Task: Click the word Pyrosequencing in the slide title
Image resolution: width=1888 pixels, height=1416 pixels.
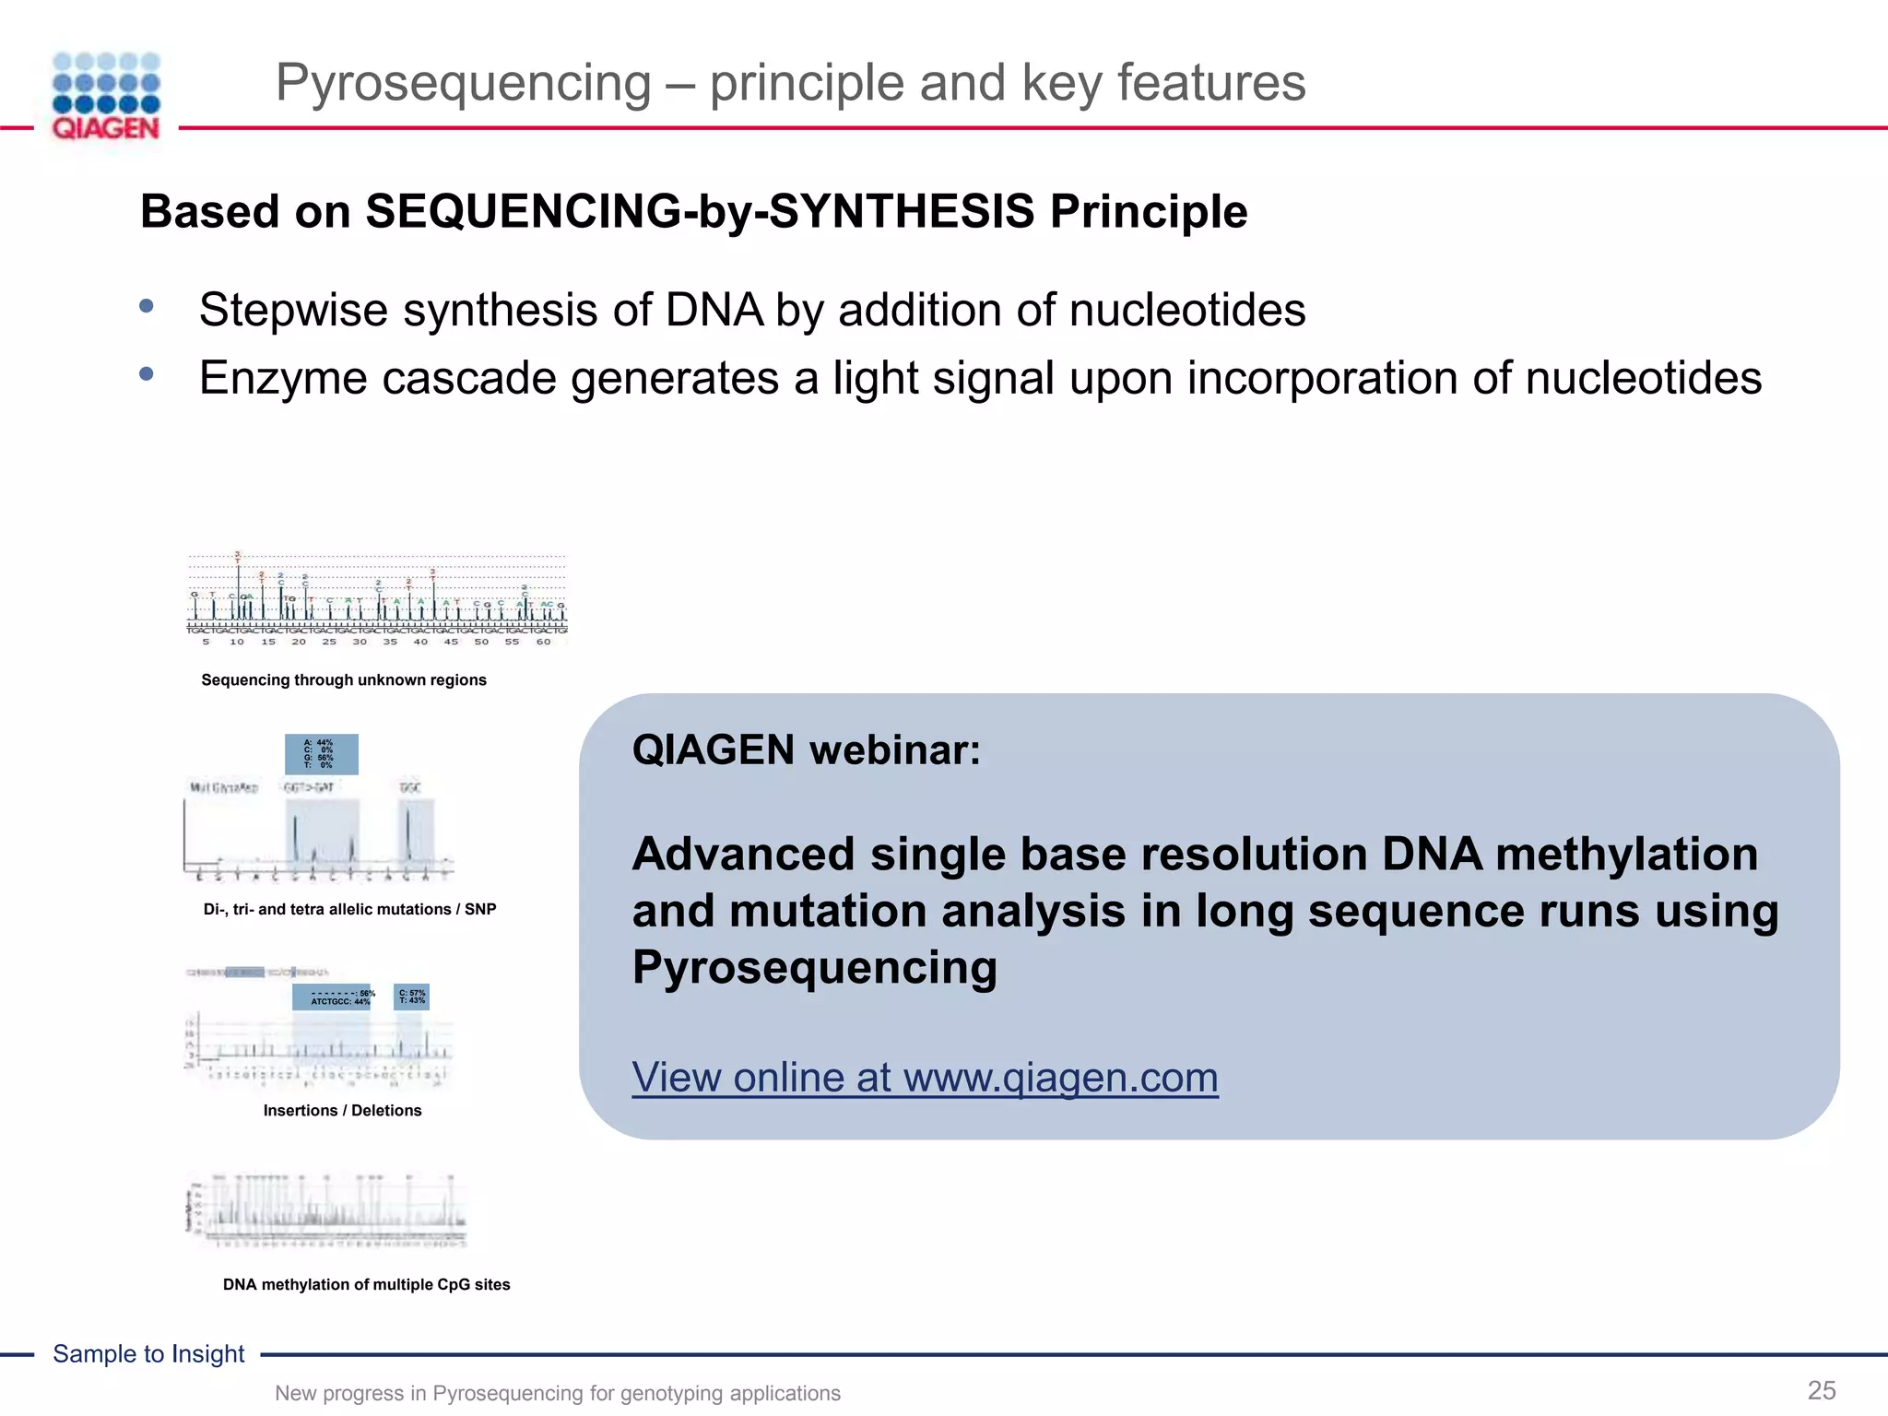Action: (x=464, y=83)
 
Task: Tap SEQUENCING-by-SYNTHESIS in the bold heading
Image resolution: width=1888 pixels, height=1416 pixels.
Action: (x=700, y=212)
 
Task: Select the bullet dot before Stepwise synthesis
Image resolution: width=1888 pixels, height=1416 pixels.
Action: (x=147, y=306)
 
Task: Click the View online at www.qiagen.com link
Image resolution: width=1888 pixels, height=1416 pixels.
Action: (x=925, y=1077)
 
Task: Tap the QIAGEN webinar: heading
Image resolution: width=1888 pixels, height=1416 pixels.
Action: (x=806, y=749)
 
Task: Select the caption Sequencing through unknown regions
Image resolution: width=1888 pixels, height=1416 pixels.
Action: (x=344, y=680)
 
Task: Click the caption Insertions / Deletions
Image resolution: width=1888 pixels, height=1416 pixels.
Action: (x=342, y=1111)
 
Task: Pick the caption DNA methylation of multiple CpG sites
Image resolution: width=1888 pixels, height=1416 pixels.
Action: (x=366, y=1285)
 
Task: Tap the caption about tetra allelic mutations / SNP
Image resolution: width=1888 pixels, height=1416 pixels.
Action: (x=349, y=910)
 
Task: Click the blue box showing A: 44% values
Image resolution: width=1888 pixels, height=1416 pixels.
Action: (x=321, y=754)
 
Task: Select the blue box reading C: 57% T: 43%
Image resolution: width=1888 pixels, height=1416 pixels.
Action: (x=411, y=997)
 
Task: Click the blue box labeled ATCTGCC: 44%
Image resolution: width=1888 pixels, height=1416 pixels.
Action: (x=332, y=997)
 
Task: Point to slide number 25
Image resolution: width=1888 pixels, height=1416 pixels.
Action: (x=1821, y=1390)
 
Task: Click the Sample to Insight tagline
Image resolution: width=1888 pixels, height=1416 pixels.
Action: (x=148, y=1354)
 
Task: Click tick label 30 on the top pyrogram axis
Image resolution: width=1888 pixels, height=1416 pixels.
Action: (x=360, y=642)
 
